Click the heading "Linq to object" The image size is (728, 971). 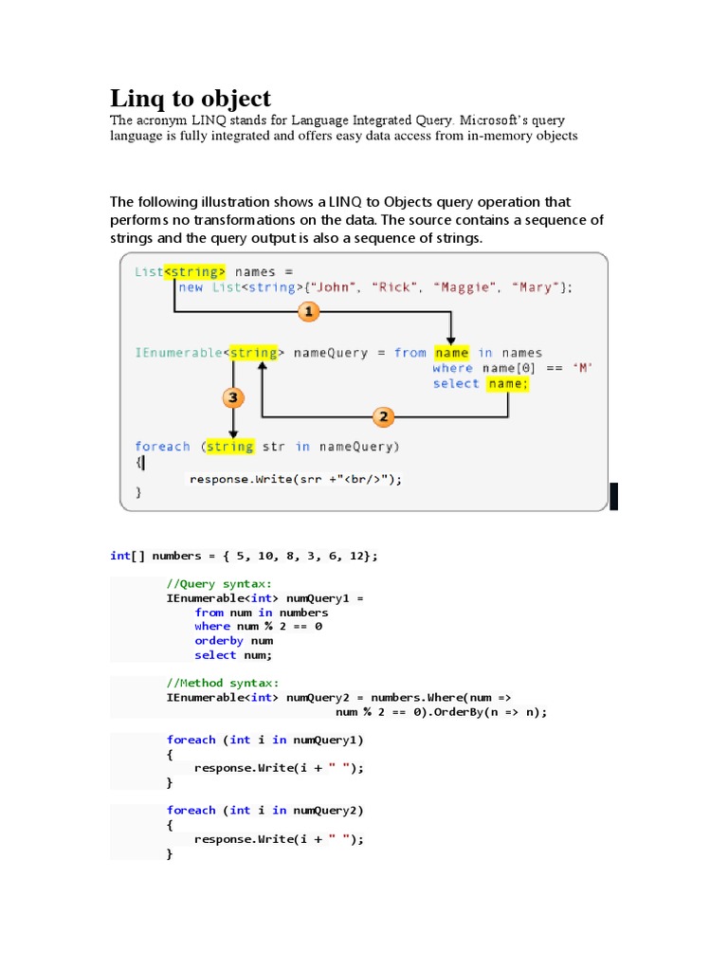(x=191, y=98)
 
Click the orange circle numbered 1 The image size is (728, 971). (x=307, y=311)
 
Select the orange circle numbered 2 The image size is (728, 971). (x=383, y=416)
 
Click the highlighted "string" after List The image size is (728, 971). (x=195, y=271)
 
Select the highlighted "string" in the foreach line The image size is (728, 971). (x=229, y=447)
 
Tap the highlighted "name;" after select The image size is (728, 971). (x=507, y=383)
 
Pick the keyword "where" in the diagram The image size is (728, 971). (x=452, y=368)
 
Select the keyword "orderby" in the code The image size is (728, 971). (x=219, y=640)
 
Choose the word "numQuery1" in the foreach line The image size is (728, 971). (x=325, y=740)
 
